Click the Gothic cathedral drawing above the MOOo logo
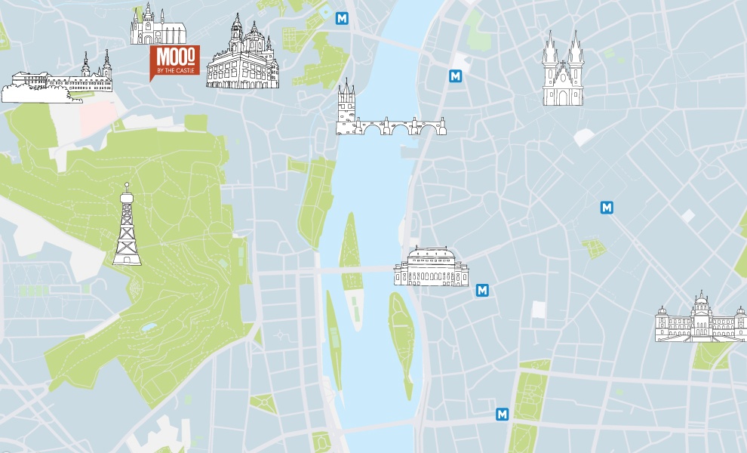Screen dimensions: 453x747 pyautogui.click(x=158, y=27)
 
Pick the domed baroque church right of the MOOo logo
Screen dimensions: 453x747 pyautogui.click(x=242, y=56)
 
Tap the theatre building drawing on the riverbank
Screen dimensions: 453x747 pyautogui.click(x=431, y=267)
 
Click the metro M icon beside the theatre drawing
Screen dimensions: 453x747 pyautogui.click(x=483, y=290)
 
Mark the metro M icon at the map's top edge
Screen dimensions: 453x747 pyautogui.click(x=343, y=17)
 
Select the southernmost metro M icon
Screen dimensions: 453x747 pyautogui.click(x=502, y=414)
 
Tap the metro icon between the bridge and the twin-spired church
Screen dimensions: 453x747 pyautogui.click(x=455, y=75)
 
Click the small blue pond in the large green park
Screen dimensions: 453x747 pyautogui.click(x=149, y=328)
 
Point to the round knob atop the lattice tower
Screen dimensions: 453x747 pyautogui.click(x=127, y=185)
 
